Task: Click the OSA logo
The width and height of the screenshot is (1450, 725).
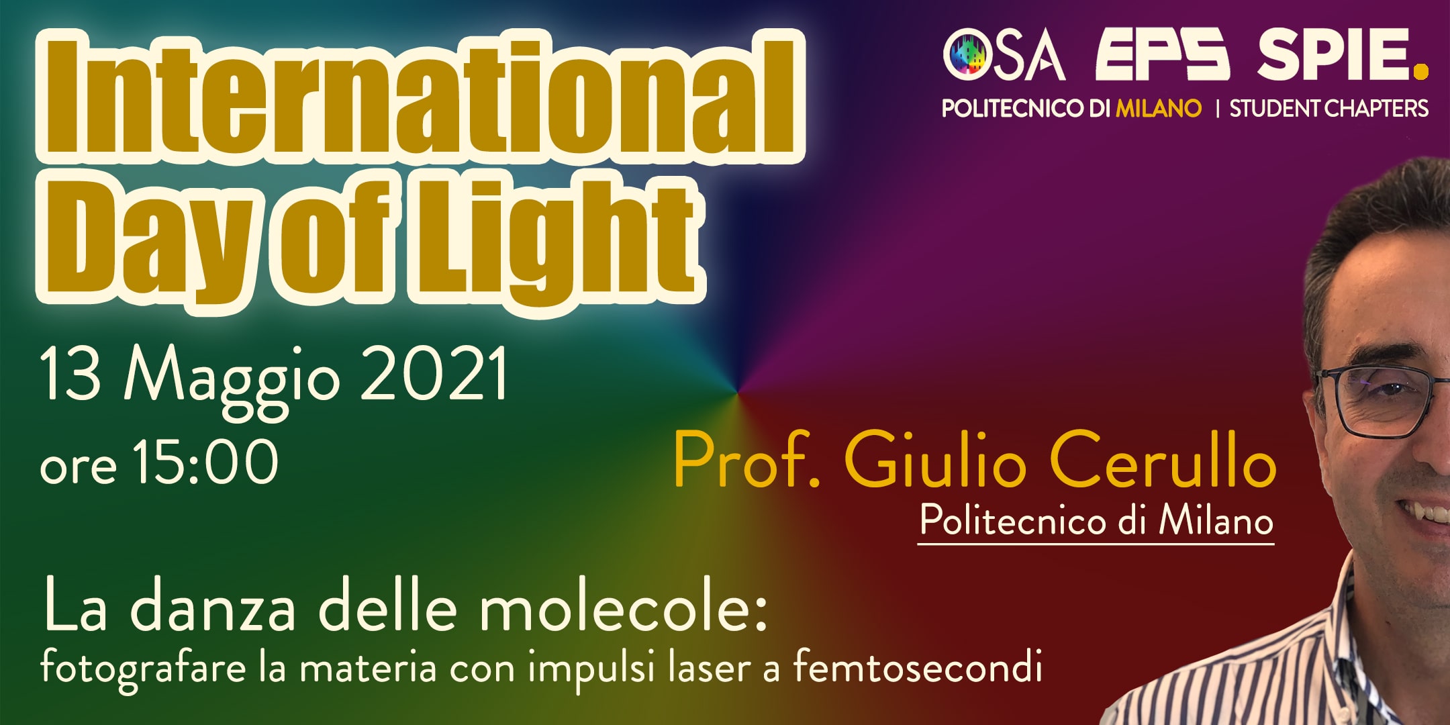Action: coord(1004,54)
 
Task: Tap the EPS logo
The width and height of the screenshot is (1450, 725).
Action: coord(1162,54)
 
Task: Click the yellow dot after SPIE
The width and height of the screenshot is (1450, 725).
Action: coord(1420,71)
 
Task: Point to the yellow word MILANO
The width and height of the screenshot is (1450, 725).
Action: coord(1159,108)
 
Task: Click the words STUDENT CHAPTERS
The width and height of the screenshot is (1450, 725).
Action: coord(1328,108)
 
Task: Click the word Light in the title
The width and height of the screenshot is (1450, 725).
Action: coord(557,238)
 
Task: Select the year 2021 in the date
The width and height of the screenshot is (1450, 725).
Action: coord(434,374)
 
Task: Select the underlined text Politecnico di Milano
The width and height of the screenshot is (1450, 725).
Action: coord(1096,520)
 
